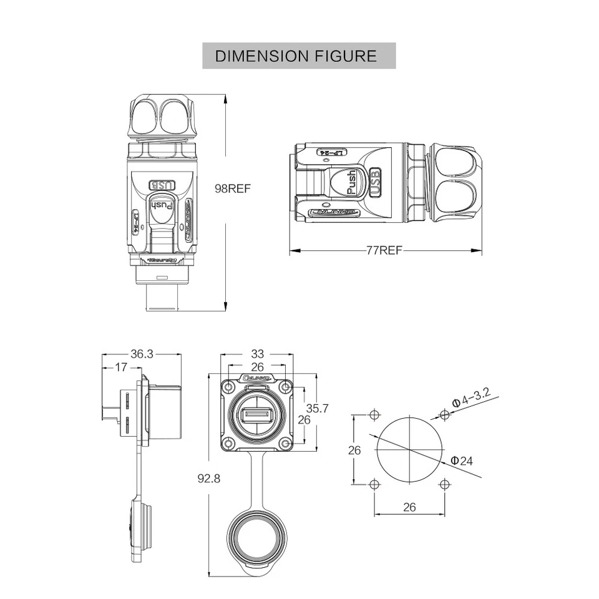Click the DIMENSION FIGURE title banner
click(299, 56)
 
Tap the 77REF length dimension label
click(384, 251)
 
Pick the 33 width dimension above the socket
click(256, 354)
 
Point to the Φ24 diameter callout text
click(462, 461)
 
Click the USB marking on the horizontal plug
click(375, 183)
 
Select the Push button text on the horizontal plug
click(351, 183)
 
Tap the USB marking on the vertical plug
click(162, 185)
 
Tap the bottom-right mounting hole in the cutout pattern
click(443, 484)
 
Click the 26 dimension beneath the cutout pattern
click(409, 507)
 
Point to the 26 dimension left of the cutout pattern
click(354, 449)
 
